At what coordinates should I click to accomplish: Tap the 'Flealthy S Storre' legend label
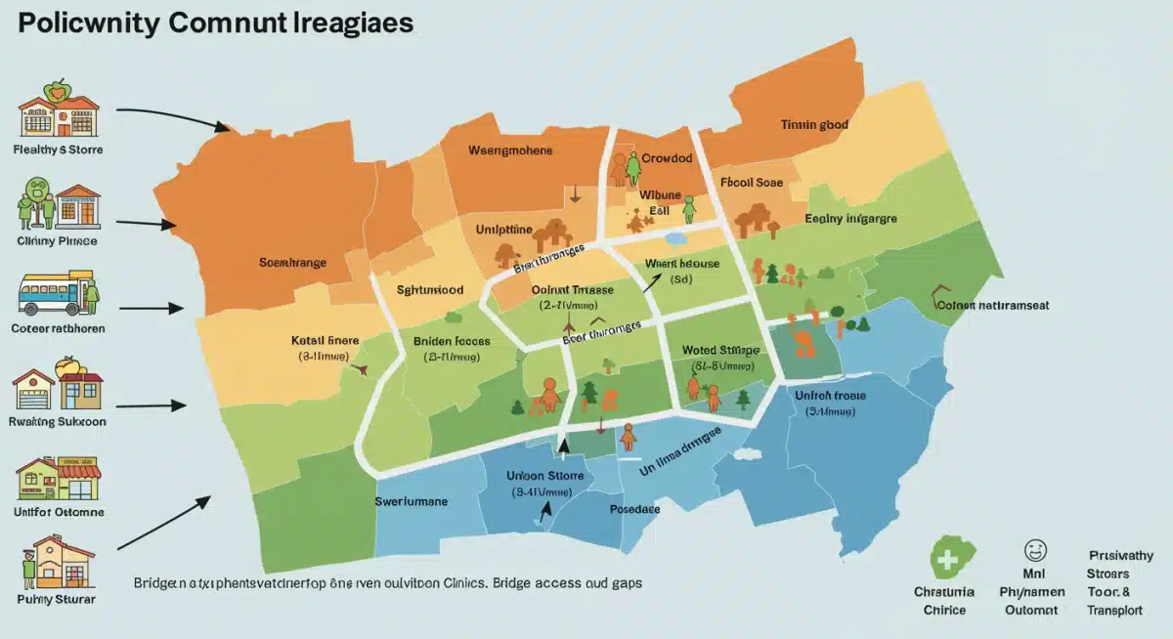point(59,150)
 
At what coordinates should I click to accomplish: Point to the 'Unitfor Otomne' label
point(60,511)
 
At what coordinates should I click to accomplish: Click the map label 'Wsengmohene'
point(510,150)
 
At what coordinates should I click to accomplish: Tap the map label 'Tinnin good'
point(814,125)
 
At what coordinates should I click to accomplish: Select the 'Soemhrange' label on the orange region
point(292,263)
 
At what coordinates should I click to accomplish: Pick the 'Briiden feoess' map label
point(451,343)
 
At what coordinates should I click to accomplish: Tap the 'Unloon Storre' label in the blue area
point(544,476)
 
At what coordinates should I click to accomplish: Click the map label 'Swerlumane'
point(411,501)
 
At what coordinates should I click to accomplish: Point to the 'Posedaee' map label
point(634,510)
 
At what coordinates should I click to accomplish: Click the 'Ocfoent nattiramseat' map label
point(993,305)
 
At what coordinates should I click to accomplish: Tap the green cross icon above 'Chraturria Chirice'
point(945,557)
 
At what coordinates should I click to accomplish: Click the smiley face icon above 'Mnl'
point(1034,550)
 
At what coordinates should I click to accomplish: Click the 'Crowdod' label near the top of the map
point(667,158)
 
